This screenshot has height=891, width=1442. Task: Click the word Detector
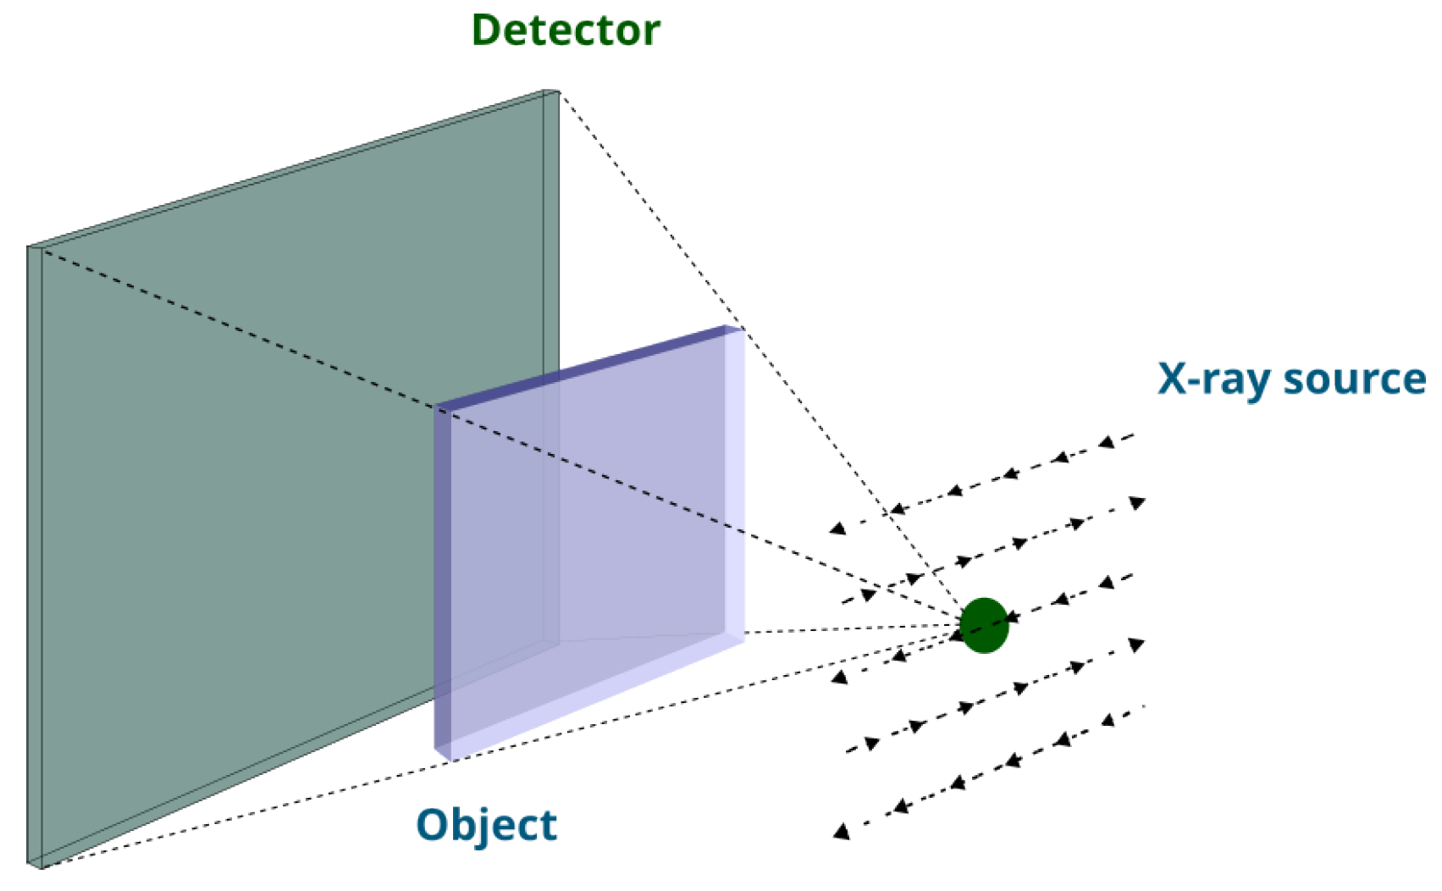[x=565, y=30]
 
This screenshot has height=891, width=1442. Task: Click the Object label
[x=486, y=825]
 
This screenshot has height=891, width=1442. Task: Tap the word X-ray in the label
[x=1213, y=379]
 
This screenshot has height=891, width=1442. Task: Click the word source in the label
[x=1354, y=379]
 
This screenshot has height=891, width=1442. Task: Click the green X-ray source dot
[x=984, y=626]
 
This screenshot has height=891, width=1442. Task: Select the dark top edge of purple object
[x=584, y=369]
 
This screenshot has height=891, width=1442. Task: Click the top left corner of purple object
[x=437, y=409]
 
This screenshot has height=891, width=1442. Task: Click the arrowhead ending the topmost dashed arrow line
[x=837, y=529]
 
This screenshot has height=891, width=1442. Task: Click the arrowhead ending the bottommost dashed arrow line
[x=840, y=832]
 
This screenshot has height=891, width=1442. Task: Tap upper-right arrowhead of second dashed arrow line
[x=1137, y=503]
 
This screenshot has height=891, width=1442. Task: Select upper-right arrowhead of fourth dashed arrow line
[x=1137, y=645]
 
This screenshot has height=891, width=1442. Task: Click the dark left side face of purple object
[x=443, y=584]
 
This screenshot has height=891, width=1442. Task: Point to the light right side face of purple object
[x=734, y=483]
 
